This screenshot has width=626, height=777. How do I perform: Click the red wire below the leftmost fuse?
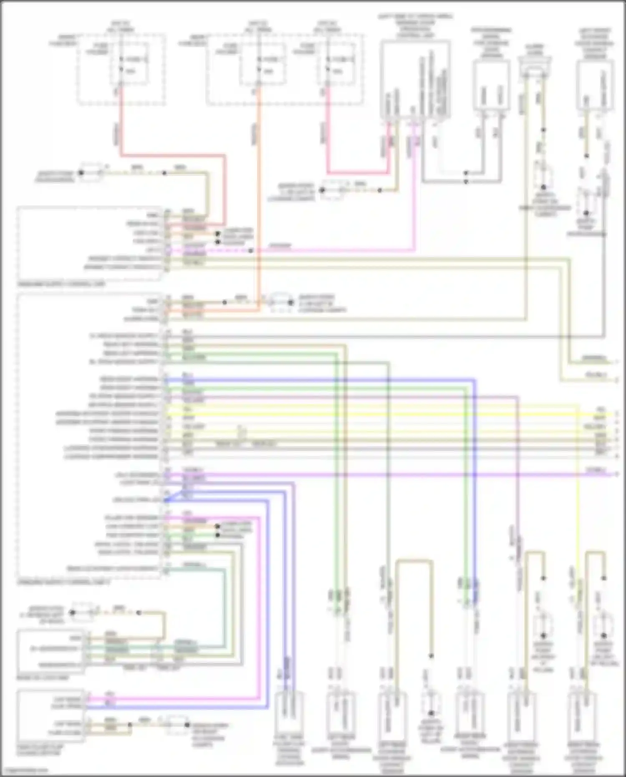pos(121,125)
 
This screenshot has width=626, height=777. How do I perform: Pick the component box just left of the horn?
pos(491,86)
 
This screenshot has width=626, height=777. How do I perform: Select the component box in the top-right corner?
pos(595,86)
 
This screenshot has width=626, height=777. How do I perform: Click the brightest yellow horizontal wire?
pos(376,415)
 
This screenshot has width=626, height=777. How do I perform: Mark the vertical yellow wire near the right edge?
pos(578,501)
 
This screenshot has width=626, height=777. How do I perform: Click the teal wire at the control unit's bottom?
pos(196,569)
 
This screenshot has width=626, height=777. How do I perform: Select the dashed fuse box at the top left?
pos(121,69)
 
